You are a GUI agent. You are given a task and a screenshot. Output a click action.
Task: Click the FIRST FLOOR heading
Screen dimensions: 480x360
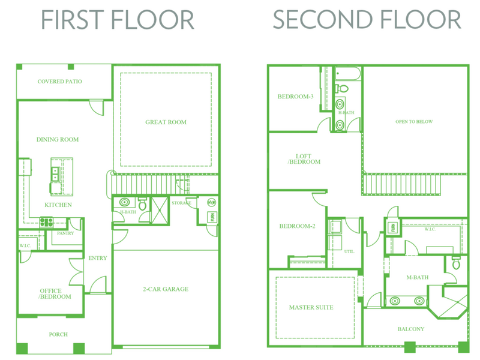(118, 20)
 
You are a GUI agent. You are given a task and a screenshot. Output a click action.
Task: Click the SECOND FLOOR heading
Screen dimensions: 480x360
(367, 20)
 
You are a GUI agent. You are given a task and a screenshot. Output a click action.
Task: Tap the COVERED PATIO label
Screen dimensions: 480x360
(59, 82)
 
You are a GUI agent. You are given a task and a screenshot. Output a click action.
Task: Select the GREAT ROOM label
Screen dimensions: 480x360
(166, 122)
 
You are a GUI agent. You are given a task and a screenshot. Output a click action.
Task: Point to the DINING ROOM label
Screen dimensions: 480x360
(58, 140)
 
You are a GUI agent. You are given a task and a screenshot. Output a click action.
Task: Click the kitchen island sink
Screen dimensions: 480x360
(55, 174)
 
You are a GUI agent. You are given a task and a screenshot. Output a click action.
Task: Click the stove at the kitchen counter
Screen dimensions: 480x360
(46, 222)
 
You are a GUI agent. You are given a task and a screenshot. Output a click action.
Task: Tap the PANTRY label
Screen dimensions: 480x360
(65, 233)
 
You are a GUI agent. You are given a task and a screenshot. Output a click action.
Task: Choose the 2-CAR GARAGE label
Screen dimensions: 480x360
(166, 289)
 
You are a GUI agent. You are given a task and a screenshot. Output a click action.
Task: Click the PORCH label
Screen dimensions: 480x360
(58, 334)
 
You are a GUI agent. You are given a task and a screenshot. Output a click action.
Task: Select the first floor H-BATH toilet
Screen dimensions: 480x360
(142, 203)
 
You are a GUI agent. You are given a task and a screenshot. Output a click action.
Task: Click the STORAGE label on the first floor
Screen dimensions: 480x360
(181, 203)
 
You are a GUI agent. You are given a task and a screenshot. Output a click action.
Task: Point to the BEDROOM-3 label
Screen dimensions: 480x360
(295, 97)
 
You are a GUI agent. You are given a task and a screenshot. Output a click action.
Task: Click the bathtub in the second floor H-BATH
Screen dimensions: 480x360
(348, 74)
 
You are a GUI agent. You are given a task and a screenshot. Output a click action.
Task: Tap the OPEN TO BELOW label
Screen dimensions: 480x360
(414, 122)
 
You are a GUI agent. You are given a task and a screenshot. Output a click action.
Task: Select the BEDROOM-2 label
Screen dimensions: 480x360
(297, 226)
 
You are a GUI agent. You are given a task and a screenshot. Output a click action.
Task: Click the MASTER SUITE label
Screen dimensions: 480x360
(311, 307)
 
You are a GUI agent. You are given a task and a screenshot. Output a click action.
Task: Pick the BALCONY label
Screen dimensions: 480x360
(411, 329)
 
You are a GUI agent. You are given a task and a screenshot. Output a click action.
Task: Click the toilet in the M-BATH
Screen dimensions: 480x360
(456, 263)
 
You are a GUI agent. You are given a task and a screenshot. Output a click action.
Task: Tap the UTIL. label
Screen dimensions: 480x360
(349, 251)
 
